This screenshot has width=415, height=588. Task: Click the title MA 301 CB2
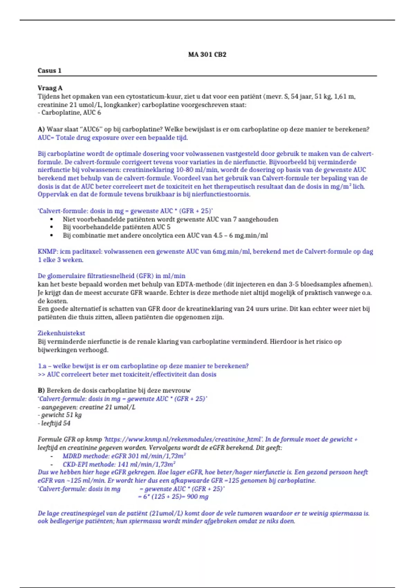point(207,54)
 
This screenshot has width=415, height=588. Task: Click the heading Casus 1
point(49,71)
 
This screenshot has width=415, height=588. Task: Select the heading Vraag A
point(50,88)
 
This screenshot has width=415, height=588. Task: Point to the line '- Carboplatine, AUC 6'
point(69,113)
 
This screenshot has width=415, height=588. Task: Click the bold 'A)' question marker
point(41,129)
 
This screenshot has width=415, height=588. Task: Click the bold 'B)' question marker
point(41,391)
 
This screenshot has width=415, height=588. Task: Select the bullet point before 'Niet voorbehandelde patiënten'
point(52,219)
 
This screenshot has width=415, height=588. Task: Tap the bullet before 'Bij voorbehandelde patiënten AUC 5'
point(52,227)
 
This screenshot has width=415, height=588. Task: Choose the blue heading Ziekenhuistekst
point(61,333)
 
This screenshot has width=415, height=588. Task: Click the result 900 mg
point(197,497)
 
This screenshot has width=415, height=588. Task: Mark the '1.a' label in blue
point(42,366)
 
